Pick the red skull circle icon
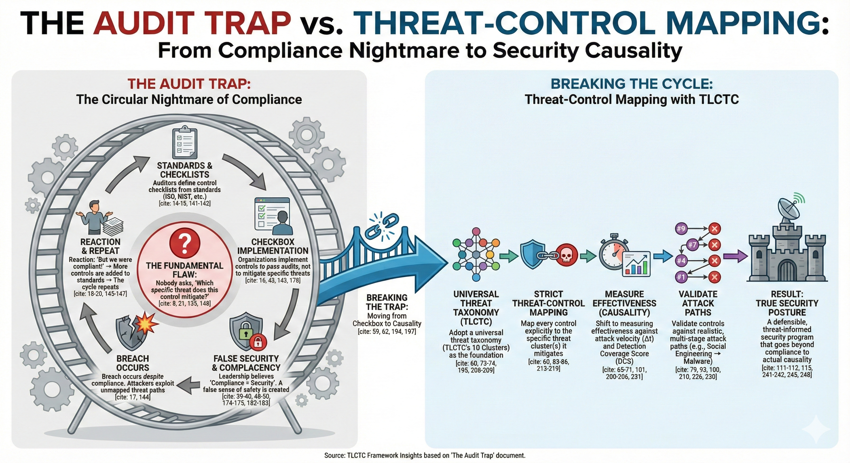pyautogui.click(x=567, y=255)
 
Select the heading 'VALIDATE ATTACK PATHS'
pyautogui.click(x=698, y=303)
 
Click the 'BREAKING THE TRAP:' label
pyautogui.click(x=387, y=302)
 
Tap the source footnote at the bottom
pyautogui.click(x=425, y=456)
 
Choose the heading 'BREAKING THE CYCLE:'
pyautogui.click(x=631, y=84)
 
